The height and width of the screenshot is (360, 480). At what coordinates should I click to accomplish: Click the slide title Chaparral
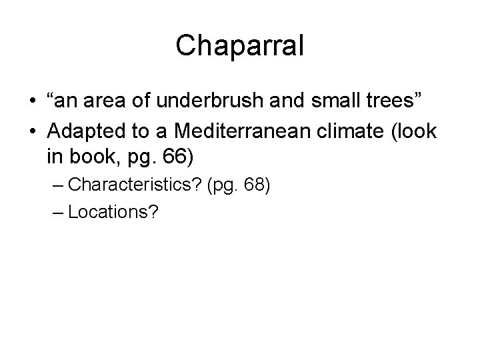pos(240,45)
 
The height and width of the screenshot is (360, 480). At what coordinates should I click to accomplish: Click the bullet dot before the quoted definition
pos(32,105)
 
